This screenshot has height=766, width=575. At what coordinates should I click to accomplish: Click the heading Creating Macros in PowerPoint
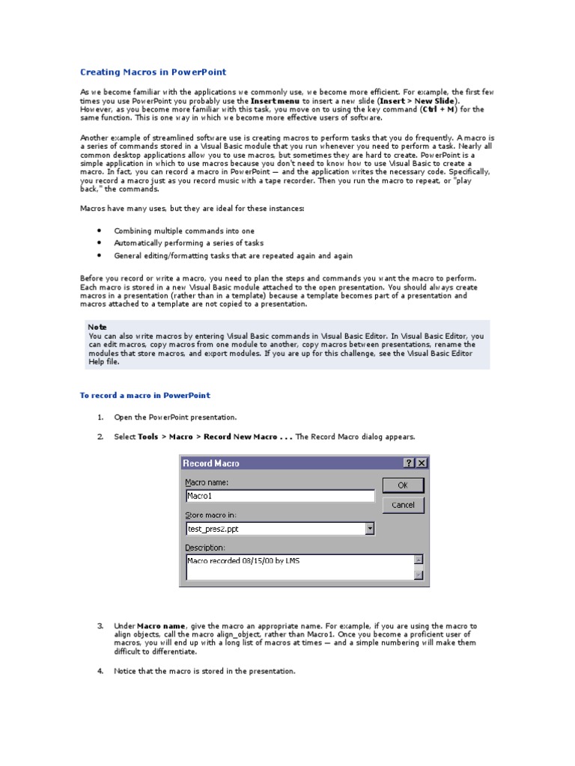(153, 73)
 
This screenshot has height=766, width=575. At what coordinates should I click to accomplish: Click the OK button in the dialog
(403, 485)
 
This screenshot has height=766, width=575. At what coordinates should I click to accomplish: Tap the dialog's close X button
(422, 463)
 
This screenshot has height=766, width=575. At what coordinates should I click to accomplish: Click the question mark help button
(410, 463)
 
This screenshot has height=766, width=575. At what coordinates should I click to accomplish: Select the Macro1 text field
(279, 495)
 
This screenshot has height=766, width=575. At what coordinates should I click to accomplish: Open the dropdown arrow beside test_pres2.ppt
(369, 529)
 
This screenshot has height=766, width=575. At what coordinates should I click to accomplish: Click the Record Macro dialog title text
(211, 463)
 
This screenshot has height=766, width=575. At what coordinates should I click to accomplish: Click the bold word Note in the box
(97, 327)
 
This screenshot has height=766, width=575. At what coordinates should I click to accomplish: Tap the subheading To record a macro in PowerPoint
(145, 396)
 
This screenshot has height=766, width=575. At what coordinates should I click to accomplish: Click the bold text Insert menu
(276, 100)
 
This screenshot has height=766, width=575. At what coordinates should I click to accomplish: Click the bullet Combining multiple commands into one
(183, 231)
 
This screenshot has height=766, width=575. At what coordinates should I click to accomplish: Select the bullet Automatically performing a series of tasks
(188, 243)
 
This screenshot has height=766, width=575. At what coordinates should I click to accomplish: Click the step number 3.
(100, 626)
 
